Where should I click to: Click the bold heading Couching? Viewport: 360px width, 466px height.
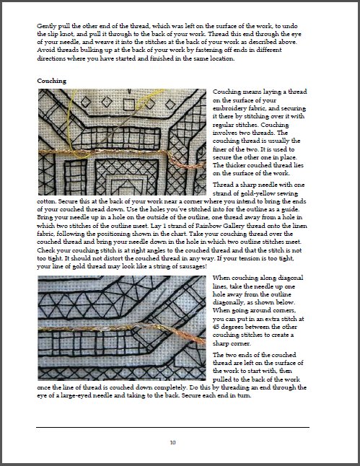point(52,81)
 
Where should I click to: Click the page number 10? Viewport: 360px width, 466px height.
point(173,441)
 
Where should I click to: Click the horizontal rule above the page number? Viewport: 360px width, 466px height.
point(172,427)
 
